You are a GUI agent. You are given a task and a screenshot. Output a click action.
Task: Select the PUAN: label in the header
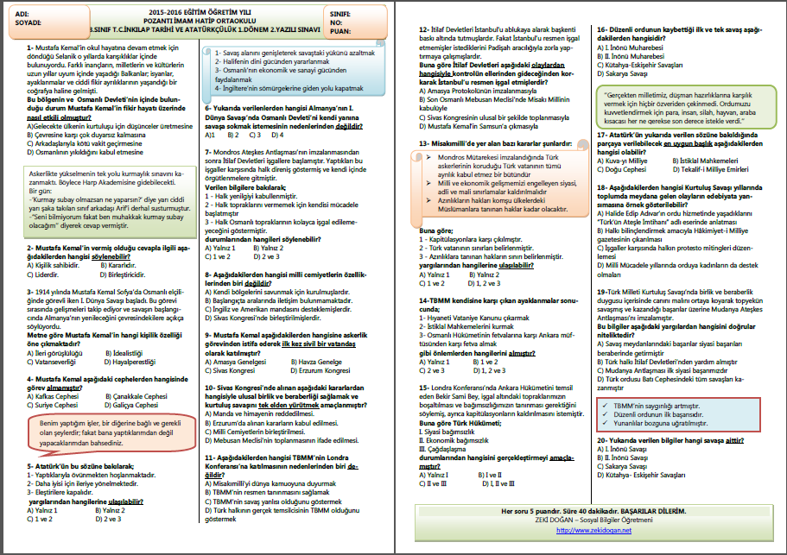[x=341, y=32]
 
